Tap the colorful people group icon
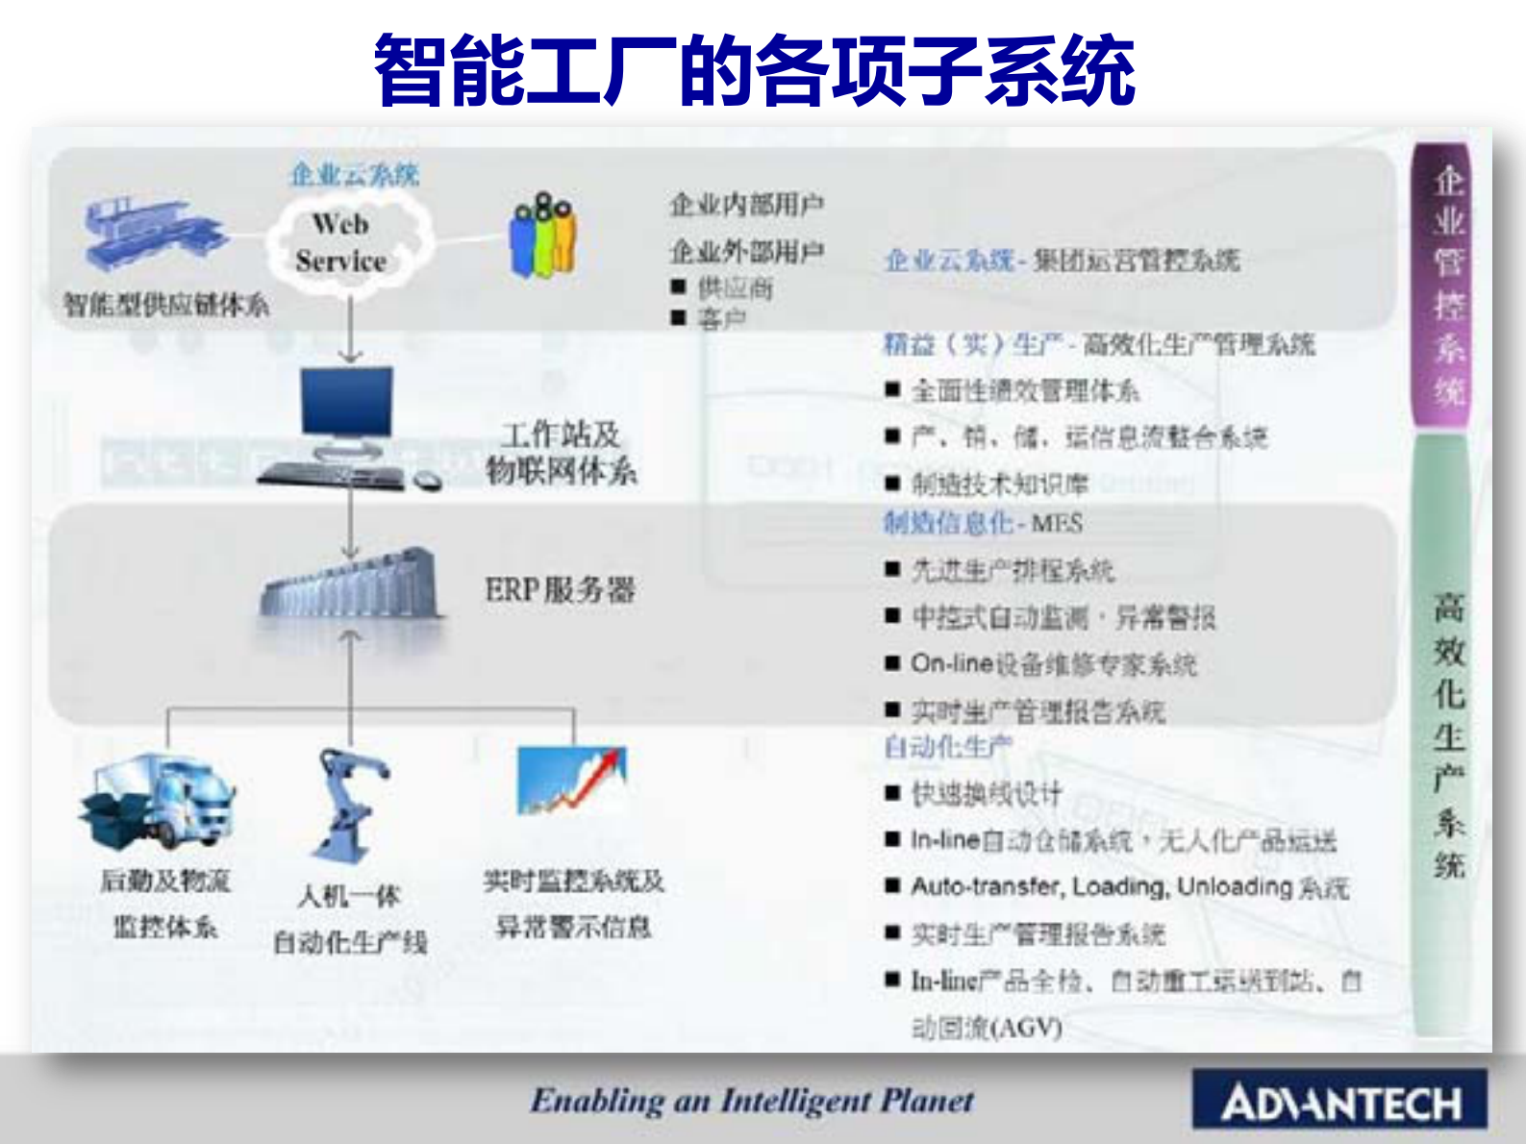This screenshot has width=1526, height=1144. tap(543, 236)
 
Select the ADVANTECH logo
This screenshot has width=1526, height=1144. tap(1339, 1102)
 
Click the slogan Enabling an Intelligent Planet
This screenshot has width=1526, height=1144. tap(752, 1100)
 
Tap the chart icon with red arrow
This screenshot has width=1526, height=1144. tap(573, 781)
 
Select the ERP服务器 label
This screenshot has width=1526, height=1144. tap(560, 589)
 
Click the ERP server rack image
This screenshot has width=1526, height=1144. tap(351, 584)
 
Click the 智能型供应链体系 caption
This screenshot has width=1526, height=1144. tap(165, 306)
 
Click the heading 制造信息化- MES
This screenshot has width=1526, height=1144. tap(983, 523)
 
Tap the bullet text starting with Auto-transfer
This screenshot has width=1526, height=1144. tap(1129, 886)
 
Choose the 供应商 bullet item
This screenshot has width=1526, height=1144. tap(736, 287)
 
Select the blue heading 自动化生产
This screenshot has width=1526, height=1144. tap(947, 746)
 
